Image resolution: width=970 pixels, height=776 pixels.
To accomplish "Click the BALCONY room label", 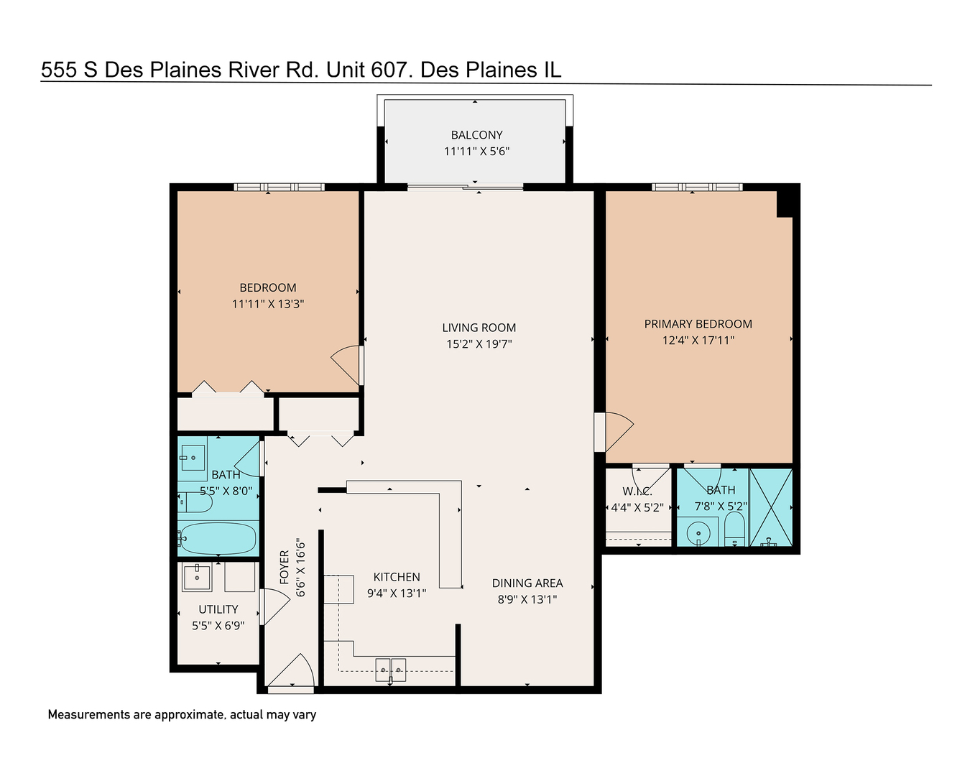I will (476, 135).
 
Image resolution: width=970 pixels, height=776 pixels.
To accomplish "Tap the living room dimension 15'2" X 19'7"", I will (479, 344).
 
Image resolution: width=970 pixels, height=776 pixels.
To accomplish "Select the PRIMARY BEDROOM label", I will (698, 324).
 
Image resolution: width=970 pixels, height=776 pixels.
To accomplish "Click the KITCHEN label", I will (397, 577).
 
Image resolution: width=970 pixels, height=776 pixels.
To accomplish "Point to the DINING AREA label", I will (527, 583).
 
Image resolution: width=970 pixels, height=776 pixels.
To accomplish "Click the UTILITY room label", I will (218, 609).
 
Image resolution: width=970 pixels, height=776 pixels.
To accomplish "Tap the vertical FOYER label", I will (285, 567).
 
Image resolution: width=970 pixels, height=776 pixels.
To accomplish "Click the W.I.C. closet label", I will (637, 491).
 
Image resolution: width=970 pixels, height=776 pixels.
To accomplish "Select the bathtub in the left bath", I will (218, 537).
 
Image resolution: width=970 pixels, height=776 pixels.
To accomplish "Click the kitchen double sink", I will (391, 670).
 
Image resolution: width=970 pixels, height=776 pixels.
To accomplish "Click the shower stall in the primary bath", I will (771, 507).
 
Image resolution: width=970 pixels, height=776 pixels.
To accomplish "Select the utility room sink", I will (196, 576).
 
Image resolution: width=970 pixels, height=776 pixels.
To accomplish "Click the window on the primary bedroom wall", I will (697, 187).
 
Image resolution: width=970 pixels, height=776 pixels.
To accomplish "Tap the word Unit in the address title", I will (346, 70).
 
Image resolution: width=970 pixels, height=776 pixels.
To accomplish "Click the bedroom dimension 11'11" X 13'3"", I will (268, 304).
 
